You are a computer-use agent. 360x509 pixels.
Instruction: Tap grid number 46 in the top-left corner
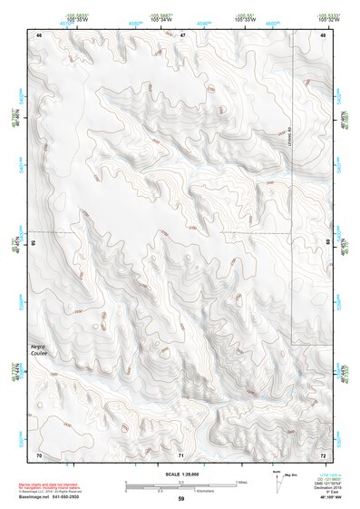pos(39,34)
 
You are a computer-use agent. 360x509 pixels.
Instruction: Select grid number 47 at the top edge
pos(182,34)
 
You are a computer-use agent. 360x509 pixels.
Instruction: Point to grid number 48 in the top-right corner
pos(323,34)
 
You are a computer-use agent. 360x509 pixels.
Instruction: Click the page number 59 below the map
pos(180,498)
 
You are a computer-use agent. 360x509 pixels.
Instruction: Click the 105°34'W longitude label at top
pos(138,19)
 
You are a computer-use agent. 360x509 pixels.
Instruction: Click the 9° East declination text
pos(326,492)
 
